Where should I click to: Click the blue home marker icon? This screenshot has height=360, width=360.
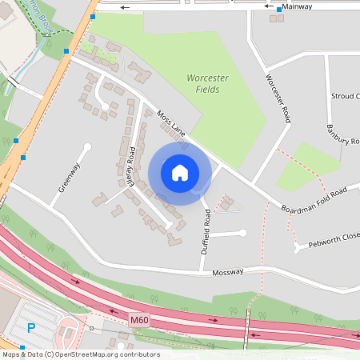click(180, 172)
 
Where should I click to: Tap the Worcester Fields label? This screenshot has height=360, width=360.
click(208, 83)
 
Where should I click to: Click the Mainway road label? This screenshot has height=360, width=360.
click(297, 6)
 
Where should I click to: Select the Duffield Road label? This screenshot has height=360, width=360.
click(207, 230)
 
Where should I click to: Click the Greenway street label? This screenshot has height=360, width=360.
click(70, 178)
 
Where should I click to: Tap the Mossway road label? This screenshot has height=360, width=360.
click(227, 273)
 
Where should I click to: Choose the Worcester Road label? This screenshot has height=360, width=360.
click(277, 99)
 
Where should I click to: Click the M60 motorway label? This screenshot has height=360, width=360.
click(139, 320)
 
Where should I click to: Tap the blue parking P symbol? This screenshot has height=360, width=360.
click(31, 327)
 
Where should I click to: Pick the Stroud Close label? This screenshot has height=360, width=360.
click(346, 96)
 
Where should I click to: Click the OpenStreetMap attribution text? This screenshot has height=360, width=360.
click(80, 354)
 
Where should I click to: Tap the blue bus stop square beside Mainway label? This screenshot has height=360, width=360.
click(278, 10)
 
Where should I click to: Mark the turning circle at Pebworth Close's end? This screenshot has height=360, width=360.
click(297, 248)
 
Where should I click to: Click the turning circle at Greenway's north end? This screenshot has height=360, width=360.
click(86, 146)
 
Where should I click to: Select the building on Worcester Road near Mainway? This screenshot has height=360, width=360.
click(276, 18)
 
